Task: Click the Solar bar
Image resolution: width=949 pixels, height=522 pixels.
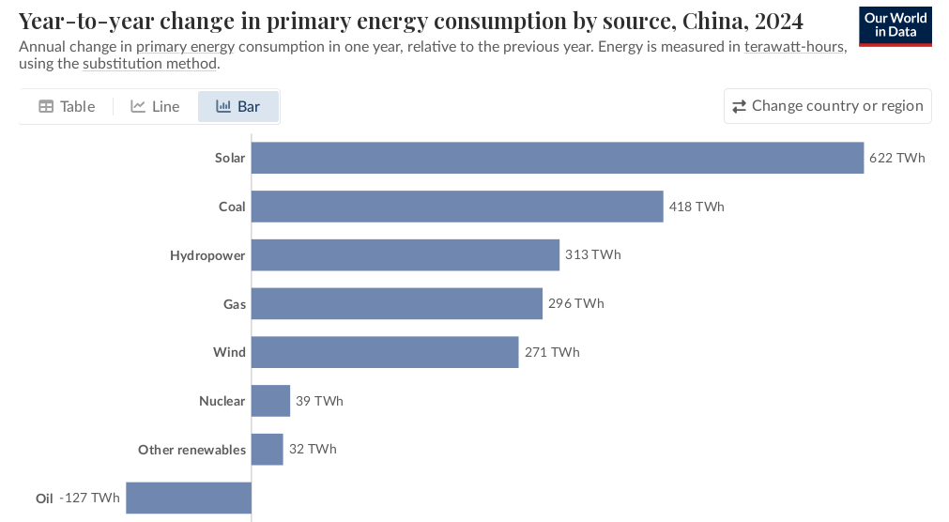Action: [x=557, y=158]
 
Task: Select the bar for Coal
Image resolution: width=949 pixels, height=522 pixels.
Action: [x=457, y=207]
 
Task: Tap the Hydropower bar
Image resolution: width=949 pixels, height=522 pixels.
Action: [x=405, y=255]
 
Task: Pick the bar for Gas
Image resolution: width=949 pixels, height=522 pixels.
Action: [x=396, y=303]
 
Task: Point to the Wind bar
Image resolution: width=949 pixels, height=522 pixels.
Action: [x=385, y=352]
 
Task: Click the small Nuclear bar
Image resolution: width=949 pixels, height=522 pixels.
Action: [x=270, y=401]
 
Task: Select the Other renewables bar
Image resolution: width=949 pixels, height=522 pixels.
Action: [x=267, y=450]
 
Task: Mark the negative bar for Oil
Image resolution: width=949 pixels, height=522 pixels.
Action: [x=189, y=498]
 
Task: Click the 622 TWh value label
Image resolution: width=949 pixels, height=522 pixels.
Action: [x=896, y=158]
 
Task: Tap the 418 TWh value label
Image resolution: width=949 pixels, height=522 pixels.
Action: [x=696, y=207]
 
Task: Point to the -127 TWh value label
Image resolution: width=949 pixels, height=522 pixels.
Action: [x=90, y=498]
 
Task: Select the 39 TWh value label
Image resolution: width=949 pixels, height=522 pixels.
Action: [x=319, y=401]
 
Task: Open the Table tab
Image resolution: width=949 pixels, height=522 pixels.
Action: [x=67, y=106]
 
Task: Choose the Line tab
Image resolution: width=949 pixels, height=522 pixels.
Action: [x=155, y=106]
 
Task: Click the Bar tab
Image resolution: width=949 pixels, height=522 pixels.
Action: [x=238, y=106]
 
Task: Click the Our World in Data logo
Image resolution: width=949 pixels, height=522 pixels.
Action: [x=895, y=25]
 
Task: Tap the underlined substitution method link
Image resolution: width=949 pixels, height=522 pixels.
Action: [x=150, y=64]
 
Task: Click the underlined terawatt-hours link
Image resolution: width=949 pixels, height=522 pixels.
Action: [x=794, y=47]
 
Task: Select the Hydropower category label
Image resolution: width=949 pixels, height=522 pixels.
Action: [x=207, y=255]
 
